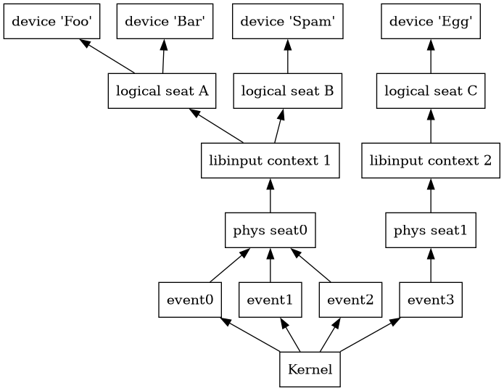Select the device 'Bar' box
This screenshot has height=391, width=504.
point(165,22)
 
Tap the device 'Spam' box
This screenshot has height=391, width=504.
point(287,22)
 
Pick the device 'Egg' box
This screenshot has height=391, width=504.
point(431,22)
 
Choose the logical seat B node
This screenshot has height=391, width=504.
point(287,91)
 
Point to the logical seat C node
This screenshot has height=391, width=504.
point(431,91)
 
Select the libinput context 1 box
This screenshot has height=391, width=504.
point(270,160)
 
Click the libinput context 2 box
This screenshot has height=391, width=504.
point(431,160)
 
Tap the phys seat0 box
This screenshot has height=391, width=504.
point(270,231)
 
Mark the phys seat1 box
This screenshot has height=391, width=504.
point(431,231)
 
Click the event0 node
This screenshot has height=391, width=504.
point(190,300)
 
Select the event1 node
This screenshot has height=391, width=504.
point(270,300)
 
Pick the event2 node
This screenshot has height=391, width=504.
point(350,300)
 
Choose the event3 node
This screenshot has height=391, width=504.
point(431,300)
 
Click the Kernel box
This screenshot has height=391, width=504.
point(310,369)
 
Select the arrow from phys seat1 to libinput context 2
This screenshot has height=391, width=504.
point(431,195)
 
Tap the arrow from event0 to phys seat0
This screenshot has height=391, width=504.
point(230,266)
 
